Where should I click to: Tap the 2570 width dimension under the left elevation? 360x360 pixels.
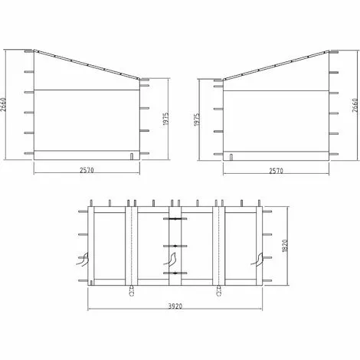[87, 170]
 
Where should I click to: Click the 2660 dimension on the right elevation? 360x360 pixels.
[354, 105]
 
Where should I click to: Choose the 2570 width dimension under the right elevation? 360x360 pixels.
[275, 170]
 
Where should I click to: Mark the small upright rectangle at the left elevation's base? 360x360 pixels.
[133, 156]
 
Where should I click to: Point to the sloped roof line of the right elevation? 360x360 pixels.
[275, 64]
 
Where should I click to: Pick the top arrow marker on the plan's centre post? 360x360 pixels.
[175, 219]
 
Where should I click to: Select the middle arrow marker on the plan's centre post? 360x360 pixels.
[175, 246]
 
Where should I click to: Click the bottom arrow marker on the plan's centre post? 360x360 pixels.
[175, 273]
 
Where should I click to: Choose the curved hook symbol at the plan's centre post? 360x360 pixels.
[167, 260]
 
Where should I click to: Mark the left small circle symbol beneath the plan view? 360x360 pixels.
[133, 292]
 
